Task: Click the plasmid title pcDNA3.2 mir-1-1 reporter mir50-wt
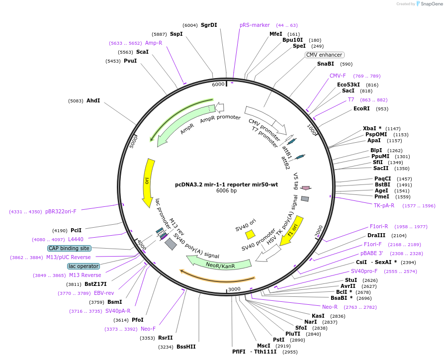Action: (x=226, y=184)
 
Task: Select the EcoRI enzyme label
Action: (x=361, y=108)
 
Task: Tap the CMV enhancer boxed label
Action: (x=324, y=55)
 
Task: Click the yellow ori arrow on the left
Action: (x=148, y=182)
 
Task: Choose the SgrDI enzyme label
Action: (x=209, y=25)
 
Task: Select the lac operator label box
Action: (x=84, y=266)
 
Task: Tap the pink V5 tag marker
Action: (x=306, y=188)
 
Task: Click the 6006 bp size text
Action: (x=226, y=191)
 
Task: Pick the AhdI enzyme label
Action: (x=93, y=100)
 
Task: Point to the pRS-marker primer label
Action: (x=255, y=25)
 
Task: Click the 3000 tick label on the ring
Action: (x=234, y=289)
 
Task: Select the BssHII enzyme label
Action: (x=186, y=347)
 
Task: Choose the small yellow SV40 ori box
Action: (x=251, y=234)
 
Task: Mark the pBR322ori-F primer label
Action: (x=61, y=211)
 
